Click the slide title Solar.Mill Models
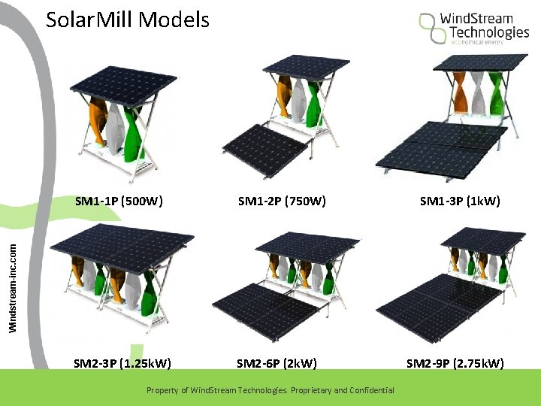point(128,20)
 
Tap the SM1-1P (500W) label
point(119,201)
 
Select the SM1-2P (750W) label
point(281,201)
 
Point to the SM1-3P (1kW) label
point(460,201)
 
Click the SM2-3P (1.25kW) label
point(122,364)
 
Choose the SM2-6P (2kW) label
point(277,364)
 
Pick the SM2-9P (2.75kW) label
point(455,364)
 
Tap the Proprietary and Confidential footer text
point(270,390)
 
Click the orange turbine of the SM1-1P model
point(98,122)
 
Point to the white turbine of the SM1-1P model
point(115,128)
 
